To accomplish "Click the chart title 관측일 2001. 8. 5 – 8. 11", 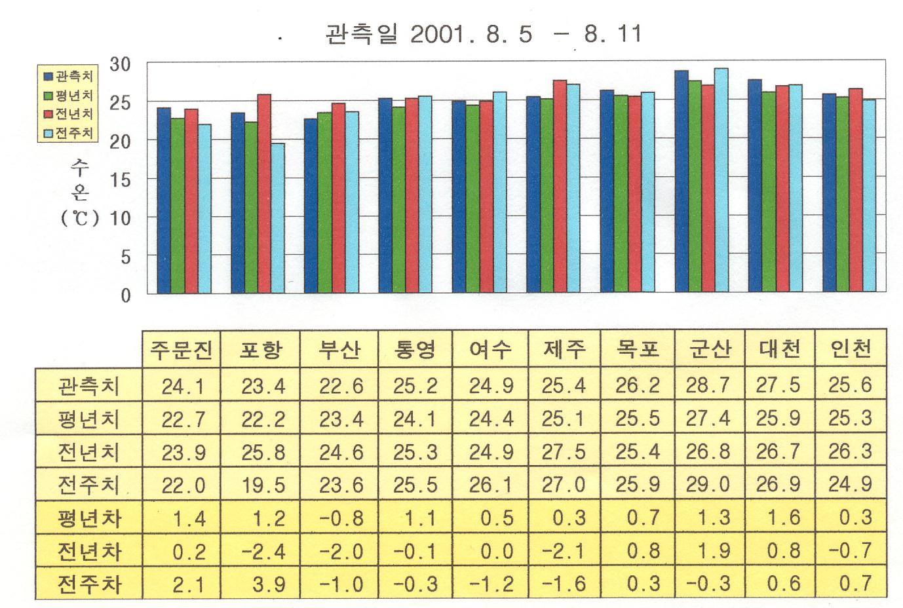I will coord(484,34).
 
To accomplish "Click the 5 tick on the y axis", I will coord(125,257).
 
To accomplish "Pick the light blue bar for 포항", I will coord(278,218).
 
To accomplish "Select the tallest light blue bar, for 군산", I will coord(721,180).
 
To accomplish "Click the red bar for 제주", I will coord(560,186).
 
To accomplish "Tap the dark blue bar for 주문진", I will coord(164,200).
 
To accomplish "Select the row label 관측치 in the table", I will coord(89,386).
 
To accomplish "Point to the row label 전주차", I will coord(89,583).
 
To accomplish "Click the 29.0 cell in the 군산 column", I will coord(708,485).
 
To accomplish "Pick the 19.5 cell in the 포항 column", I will coord(263,485).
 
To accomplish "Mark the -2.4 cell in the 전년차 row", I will coord(263,551).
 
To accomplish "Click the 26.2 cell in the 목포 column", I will coord(637,386).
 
